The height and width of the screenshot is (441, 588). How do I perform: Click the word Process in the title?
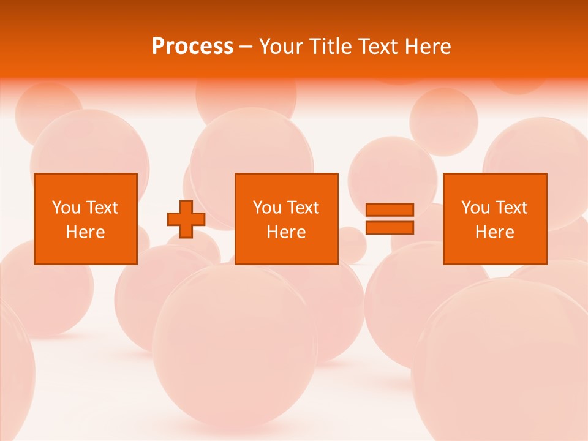point(192,47)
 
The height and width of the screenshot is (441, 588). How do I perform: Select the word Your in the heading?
point(282,47)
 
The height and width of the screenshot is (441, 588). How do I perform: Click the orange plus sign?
point(186,219)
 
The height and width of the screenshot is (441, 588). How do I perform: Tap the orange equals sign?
point(390,219)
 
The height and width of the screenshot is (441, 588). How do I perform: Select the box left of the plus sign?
point(85,219)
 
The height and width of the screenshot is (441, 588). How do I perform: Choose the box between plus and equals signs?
point(286,219)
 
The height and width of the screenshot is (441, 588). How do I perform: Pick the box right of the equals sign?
point(494,219)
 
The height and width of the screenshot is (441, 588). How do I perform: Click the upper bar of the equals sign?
point(390,210)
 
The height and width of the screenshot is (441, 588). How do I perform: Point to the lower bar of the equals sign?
point(390,227)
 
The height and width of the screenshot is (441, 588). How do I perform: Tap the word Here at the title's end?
point(427,47)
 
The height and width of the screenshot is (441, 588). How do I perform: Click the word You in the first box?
point(66,208)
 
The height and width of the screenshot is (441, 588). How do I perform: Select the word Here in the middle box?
point(286,232)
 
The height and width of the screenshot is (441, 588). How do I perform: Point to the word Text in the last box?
point(512,208)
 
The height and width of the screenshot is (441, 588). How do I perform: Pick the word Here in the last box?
point(494,232)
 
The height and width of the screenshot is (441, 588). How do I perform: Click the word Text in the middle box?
point(304,208)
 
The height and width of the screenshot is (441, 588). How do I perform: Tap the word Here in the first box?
point(85,232)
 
